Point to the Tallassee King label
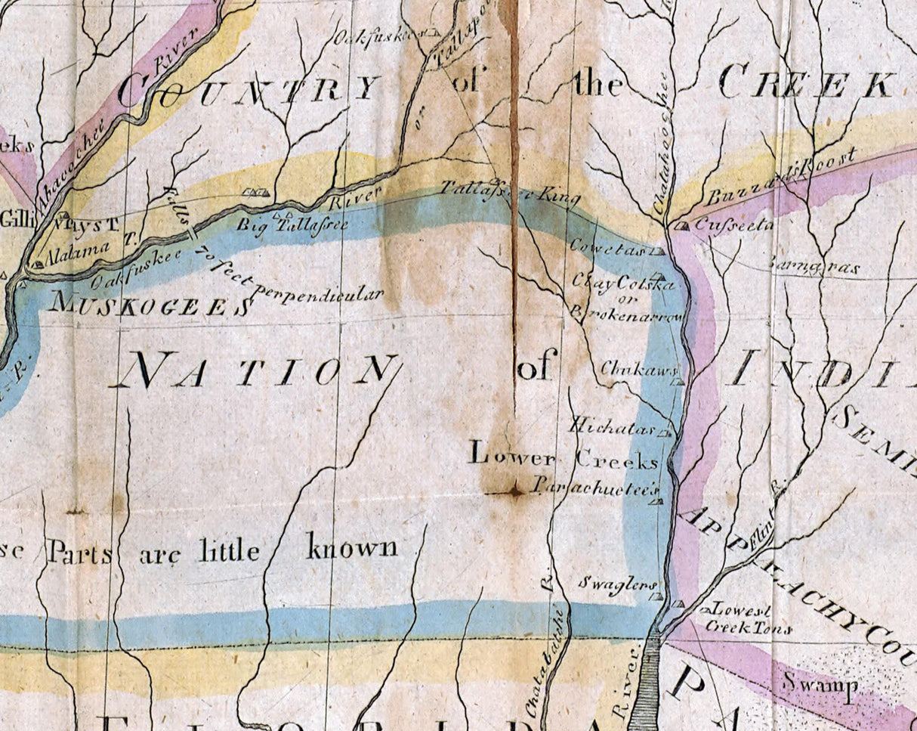pos(511,194)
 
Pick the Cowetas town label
pos(616,247)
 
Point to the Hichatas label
pos(613,427)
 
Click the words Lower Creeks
pos(563,456)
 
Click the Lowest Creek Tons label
pos(748,618)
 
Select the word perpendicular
pos(317,293)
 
